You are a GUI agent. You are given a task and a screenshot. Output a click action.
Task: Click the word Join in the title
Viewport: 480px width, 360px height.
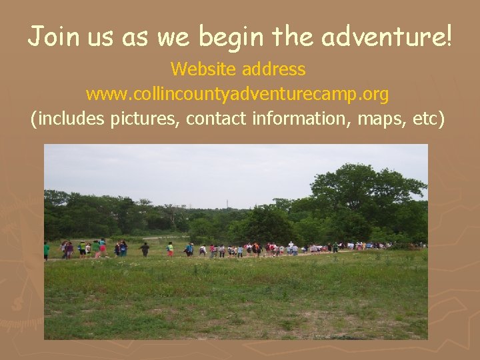(51, 36)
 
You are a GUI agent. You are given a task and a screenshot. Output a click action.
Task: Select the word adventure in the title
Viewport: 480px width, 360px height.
(380, 36)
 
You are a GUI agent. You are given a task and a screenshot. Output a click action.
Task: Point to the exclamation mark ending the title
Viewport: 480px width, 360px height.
(447, 36)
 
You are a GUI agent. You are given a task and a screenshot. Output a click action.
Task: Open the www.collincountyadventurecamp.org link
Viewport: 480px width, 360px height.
(237, 95)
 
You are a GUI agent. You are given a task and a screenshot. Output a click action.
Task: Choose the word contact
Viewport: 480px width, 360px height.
(214, 119)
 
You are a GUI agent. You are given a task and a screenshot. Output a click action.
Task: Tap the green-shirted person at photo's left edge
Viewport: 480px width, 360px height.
(47, 251)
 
